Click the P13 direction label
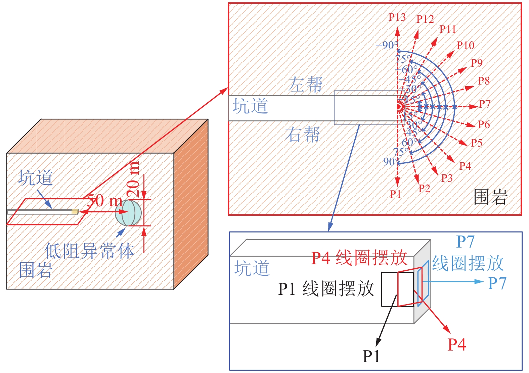pyautogui.click(x=397, y=17)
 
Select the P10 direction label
pyautogui.click(x=466, y=45)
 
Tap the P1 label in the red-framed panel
pyautogui.click(x=395, y=194)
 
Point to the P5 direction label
pyautogui.click(x=477, y=143)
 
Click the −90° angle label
pyautogui.click(x=387, y=45)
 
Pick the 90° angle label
pyautogui.click(x=391, y=162)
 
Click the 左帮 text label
pyautogui.click(x=305, y=84)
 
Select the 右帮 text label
pyautogui.click(x=303, y=135)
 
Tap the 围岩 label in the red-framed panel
pyautogui.click(x=490, y=197)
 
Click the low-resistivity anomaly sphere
pyautogui.click(x=128, y=213)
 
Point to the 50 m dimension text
pyautogui.click(x=104, y=201)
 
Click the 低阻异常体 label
pyautogui.click(x=89, y=251)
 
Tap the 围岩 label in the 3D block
pyautogui.click(x=36, y=270)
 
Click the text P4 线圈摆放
pyautogui.click(x=359, y=258)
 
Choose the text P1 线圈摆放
pyautogui.click(x=326, y=288)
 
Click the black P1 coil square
pyautogui.click(x=389, y=289)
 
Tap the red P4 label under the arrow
pyautogui.click(x=457, y=344)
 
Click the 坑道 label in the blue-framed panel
pyautogui.click(x=252, y=268)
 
